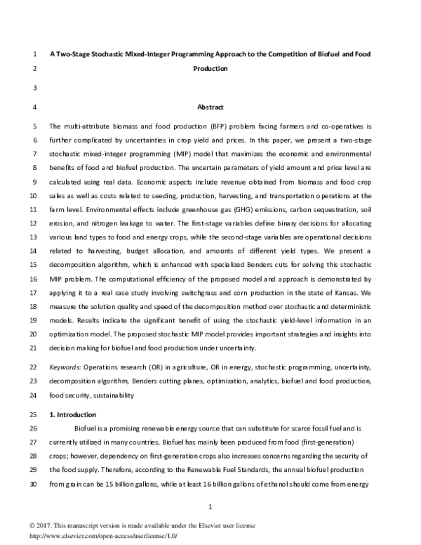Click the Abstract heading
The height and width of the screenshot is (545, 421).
point(210,107)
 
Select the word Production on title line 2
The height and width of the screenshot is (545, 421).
point(210,70)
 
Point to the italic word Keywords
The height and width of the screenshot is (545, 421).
point(65,367)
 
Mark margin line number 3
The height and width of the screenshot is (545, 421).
point(34,88)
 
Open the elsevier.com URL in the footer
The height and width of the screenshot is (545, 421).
point(93,534)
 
